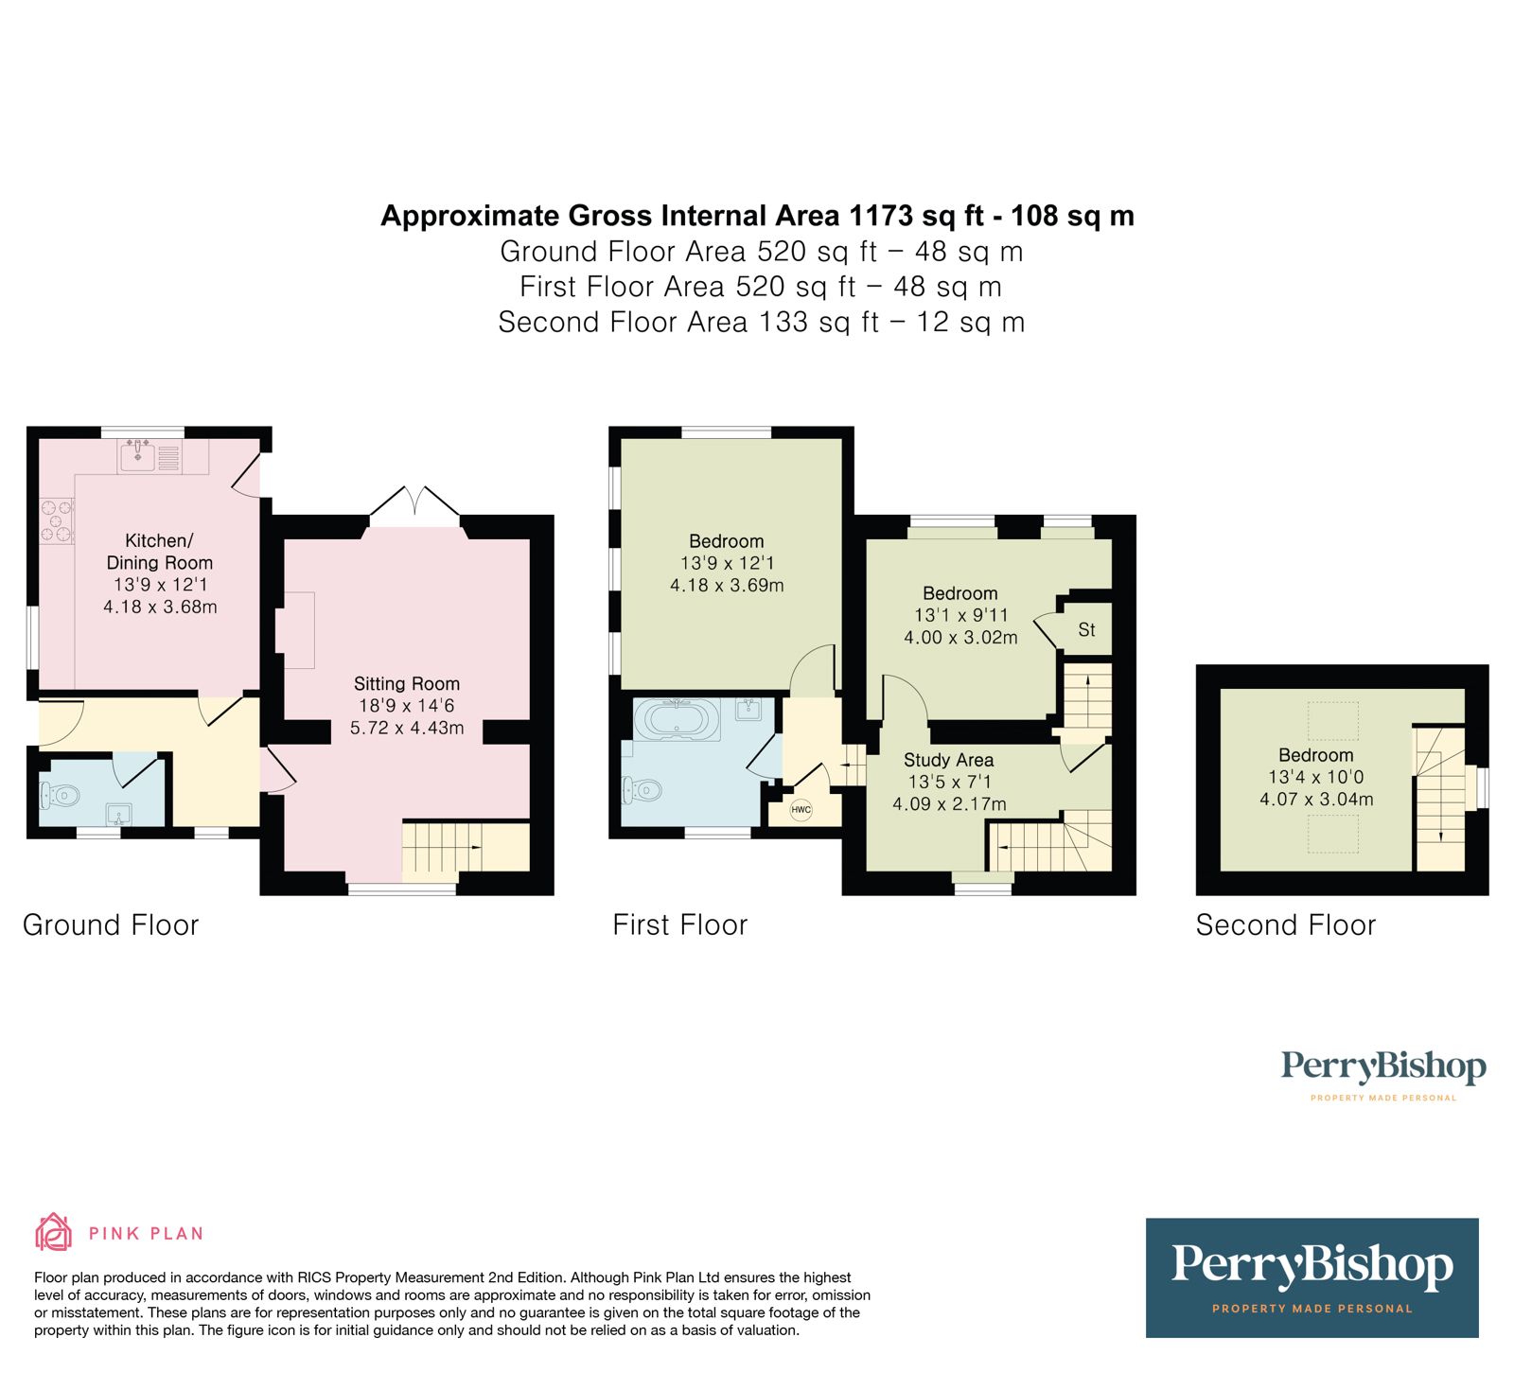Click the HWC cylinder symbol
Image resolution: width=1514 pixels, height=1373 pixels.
[x=801, y=810]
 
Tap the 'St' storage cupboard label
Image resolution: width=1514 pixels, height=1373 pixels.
[x=1086, y=630]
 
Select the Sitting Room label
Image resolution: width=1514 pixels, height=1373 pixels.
[x=407, y=683]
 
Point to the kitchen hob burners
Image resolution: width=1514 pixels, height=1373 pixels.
[x=57, y=521]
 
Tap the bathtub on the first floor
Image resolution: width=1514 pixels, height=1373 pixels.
[x=677, y=719]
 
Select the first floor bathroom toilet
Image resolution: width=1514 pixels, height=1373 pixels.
[x=643, y=788]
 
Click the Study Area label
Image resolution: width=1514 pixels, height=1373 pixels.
[x=948, y=760]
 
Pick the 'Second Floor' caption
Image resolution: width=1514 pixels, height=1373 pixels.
[x=1285, y=924]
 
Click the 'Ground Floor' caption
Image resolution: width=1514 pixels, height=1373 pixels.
[x=111, y=924]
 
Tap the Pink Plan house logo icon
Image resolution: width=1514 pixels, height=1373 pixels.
[x=54, y=1232]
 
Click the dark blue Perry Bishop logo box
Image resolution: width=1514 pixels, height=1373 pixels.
[x=1312, y=1277]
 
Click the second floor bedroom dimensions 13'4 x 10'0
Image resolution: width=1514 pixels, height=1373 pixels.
[x=1315, y=777]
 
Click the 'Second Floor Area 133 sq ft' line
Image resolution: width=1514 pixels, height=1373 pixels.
[x=761, y=322]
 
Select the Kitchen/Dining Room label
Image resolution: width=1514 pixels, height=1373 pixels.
[x=159, y=551]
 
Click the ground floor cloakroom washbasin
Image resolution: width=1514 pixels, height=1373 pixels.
[x=120, y=814]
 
